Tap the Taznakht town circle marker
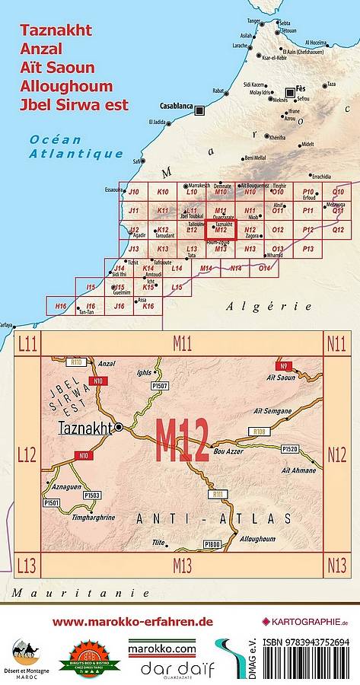pos(119,429)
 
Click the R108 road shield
pos(259,432)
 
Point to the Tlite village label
pos(158,542)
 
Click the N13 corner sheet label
pos(336,564)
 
